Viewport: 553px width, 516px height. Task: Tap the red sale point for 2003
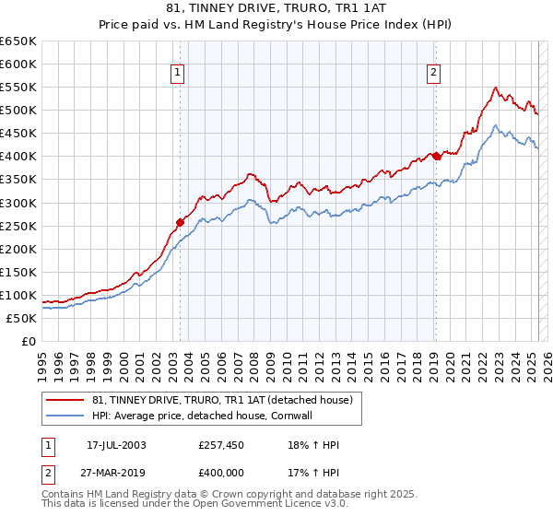pos(181,221)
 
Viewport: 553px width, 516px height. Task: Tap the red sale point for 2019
pos(437,156)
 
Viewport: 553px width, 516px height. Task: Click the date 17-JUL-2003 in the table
pos(116,446)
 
